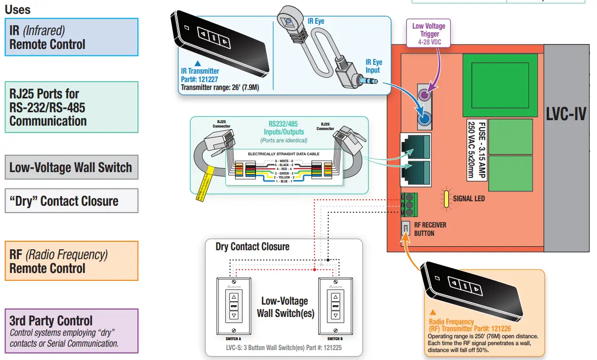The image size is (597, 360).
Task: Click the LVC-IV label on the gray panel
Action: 566,114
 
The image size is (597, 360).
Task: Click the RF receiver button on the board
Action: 405,228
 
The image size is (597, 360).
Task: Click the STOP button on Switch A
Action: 234,306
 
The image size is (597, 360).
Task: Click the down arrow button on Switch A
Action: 234,315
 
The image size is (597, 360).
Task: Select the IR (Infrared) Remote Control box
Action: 71,37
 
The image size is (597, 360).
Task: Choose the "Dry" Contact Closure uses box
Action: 71,201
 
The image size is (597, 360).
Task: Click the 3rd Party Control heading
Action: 51,320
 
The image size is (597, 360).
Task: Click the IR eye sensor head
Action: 288,21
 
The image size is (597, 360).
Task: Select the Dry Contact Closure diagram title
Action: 252,246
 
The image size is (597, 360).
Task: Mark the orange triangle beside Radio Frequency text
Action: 433,312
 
